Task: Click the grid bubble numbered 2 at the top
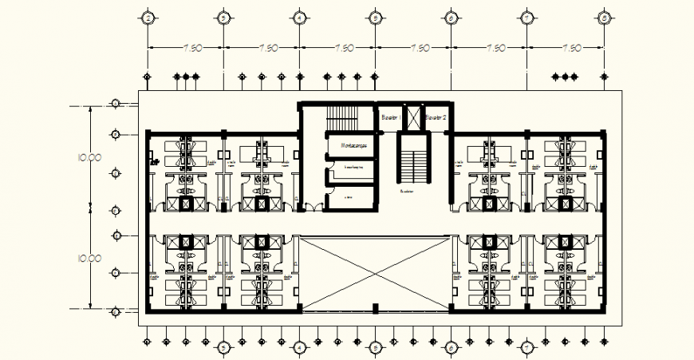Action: pos(146,17)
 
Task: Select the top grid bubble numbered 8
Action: pos(604,17)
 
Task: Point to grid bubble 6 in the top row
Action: pos(451,17)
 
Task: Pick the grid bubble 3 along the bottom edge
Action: pos(223,347)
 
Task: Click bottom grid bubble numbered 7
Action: pos(526,347)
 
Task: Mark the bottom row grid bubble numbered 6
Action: pos(451,347)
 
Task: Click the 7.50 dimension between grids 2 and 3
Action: pos(191,48)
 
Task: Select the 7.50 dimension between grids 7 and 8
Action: pos(571,48)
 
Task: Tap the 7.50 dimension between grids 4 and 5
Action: pos(344,48)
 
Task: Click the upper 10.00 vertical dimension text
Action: pos(89,157)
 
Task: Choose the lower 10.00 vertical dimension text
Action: pos(89,259)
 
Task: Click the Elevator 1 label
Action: pos(390,118)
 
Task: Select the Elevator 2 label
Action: pos(435,118)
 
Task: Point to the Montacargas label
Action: pos(351,146)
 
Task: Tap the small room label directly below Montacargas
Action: pos(351,168)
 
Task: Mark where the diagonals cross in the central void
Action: pos(375,272)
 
